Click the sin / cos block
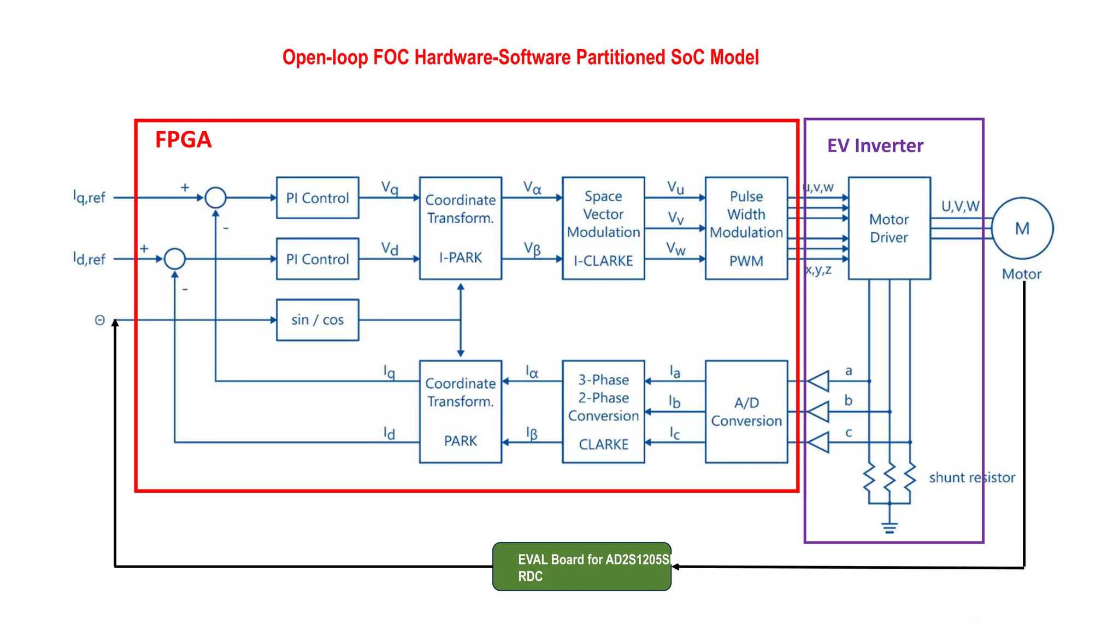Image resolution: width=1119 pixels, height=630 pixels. pyautogui.click(x=317, y=320)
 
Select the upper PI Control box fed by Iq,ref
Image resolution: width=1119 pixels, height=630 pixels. pyautogui.click(x=317, y=198)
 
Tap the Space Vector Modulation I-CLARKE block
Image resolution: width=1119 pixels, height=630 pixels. pyautogui.click(x=603, y=228)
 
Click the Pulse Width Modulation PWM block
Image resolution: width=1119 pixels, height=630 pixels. pyautogui.click(x=746, y=228)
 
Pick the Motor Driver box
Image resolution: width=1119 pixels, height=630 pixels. pyautogui.click(x=889, y=228)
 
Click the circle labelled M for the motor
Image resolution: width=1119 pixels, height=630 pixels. pyautogui.click(x=1022, y=228)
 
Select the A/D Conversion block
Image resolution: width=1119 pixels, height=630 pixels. pyautogui.click(x=746, y=411)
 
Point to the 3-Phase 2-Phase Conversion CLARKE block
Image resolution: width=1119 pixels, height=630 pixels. pyautogui.click(x=603, y=411)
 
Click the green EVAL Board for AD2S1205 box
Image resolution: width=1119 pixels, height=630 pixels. pyautogui.click(x=581, y=567)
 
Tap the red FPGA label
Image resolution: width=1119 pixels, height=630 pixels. pyautogui.click(x=183, y=139)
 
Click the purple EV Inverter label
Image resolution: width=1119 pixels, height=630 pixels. pyautogui.click(x=875, y=145)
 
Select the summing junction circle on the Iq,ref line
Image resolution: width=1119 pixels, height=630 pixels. pyautogui.click(x=215, y=197)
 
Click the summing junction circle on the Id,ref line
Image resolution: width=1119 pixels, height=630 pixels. pyautogui.click(x=175, y=259)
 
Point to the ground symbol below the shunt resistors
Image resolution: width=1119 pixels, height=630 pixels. pyautogui.click(x=890, y=527)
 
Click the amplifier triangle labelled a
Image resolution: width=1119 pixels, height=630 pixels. pyautogui.click(x=820, y=381)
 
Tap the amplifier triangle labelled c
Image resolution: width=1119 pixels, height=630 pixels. pyautogui.click(x=820, y=442)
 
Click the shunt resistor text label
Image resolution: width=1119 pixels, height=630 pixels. pyautogui.click(x=972, y=477)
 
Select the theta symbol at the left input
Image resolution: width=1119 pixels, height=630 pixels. pyautogui.click(x=99, y=320)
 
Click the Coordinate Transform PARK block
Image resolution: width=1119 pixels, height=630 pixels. pyautogui.click(x=460, y=411)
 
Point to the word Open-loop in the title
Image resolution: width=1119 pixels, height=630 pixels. pyautogui.click(x=325, y=57)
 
